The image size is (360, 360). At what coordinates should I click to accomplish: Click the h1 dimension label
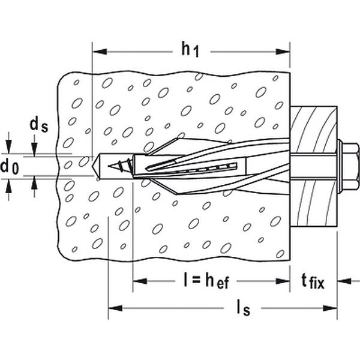click(190, 50)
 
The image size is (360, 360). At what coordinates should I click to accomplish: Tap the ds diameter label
click(39, 125)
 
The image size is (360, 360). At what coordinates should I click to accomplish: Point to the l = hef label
click(206, 280)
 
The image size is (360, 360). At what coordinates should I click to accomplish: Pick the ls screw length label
click(244, 308)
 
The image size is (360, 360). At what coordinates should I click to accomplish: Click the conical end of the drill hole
click(96, 166)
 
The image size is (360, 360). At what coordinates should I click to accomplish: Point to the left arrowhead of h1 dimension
click(100, 52)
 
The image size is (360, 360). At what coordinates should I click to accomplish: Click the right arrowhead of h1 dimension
click(283, 52)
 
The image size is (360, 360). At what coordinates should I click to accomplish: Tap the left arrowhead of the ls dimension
click(115, 308)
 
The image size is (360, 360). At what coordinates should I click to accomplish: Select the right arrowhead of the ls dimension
click(330, 308)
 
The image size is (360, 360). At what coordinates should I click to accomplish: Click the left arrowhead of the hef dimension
click(140, 281)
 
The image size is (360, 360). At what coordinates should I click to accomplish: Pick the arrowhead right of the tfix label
click(344, 281)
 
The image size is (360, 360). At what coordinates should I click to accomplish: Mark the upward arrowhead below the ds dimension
click(34, 183)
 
